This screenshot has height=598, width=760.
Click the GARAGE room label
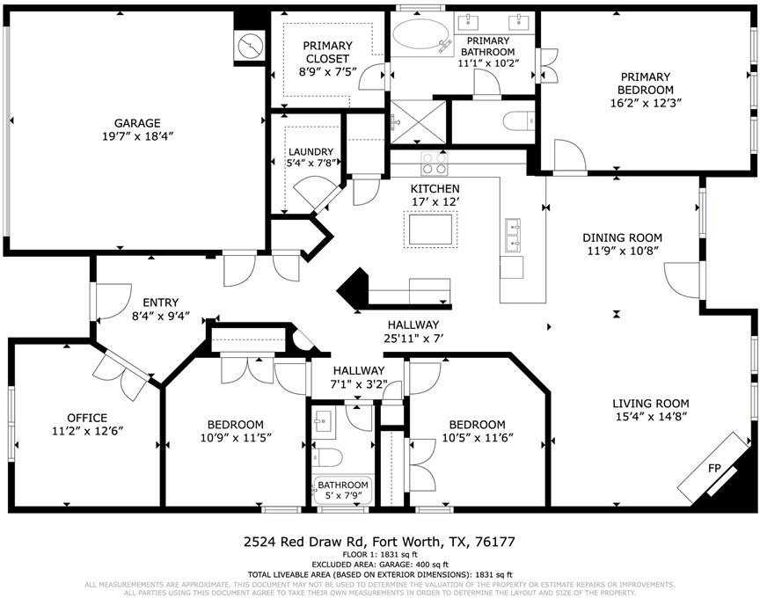(x=136, y=123)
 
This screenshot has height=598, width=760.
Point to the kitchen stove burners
(x=435, y=164)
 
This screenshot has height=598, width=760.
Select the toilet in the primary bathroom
(x=515, y=121)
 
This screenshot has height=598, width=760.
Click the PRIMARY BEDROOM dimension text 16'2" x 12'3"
(x=646, y=103)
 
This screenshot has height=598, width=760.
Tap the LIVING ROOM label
(x=649, y=405)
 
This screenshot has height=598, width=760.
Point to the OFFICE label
(x=87, y=418)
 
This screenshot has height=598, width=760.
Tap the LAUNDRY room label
(x=311, y=151)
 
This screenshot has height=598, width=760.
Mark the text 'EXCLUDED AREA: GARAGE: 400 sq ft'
(x=380, y=565)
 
